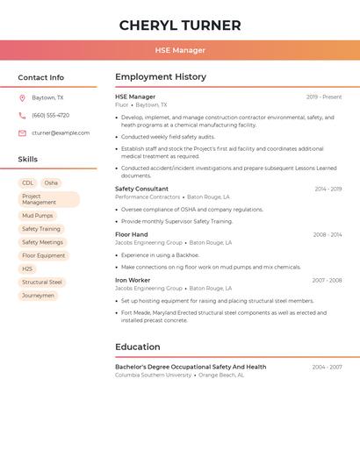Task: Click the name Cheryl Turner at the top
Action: pyautogui.click(x=180, y=25)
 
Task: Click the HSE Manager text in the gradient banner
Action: pyautogui.click(x=180, y=51)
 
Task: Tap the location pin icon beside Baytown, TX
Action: pyautogui.click(x=22, y=97)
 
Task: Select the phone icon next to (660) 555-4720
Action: pyautogui.click(x=22, y=115)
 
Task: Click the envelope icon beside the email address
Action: pyautogui.click(x=22, y=133)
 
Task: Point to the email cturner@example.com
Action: pyautogui.click(x=61, y=133)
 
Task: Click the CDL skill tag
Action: pyautogui.click(x=28, y=183)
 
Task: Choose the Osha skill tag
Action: pyautogui.click(x=51, y=183)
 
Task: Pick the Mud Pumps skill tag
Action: pyautogui.click(x=38, y=215)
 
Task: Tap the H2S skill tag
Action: pyautogui.click(x=27, y=268)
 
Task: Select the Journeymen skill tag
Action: pyautogui.click(x=38, y=296)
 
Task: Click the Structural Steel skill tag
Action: pyautogui.click(x=42, y=283)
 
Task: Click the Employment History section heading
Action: pyautogui.click(x=161, y=77)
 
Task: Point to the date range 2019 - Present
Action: pyautogui.click(x=324, y=97)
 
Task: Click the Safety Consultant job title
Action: pyautogui.click(x=141, y=189)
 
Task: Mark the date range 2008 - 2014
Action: pyautogui.click(x=327, y=234)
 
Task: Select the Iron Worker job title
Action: pyautogui.click(x=133, y=280)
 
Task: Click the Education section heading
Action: pyautogui.click(x=138, y=347)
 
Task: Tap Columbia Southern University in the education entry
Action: pyautogui.click(x=153, y=375)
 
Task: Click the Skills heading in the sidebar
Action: pyautogui.click(x=28, y=159)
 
